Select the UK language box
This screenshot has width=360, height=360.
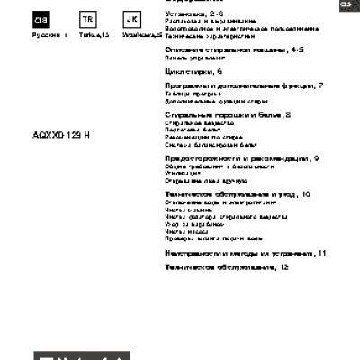[x=131, y=20]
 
